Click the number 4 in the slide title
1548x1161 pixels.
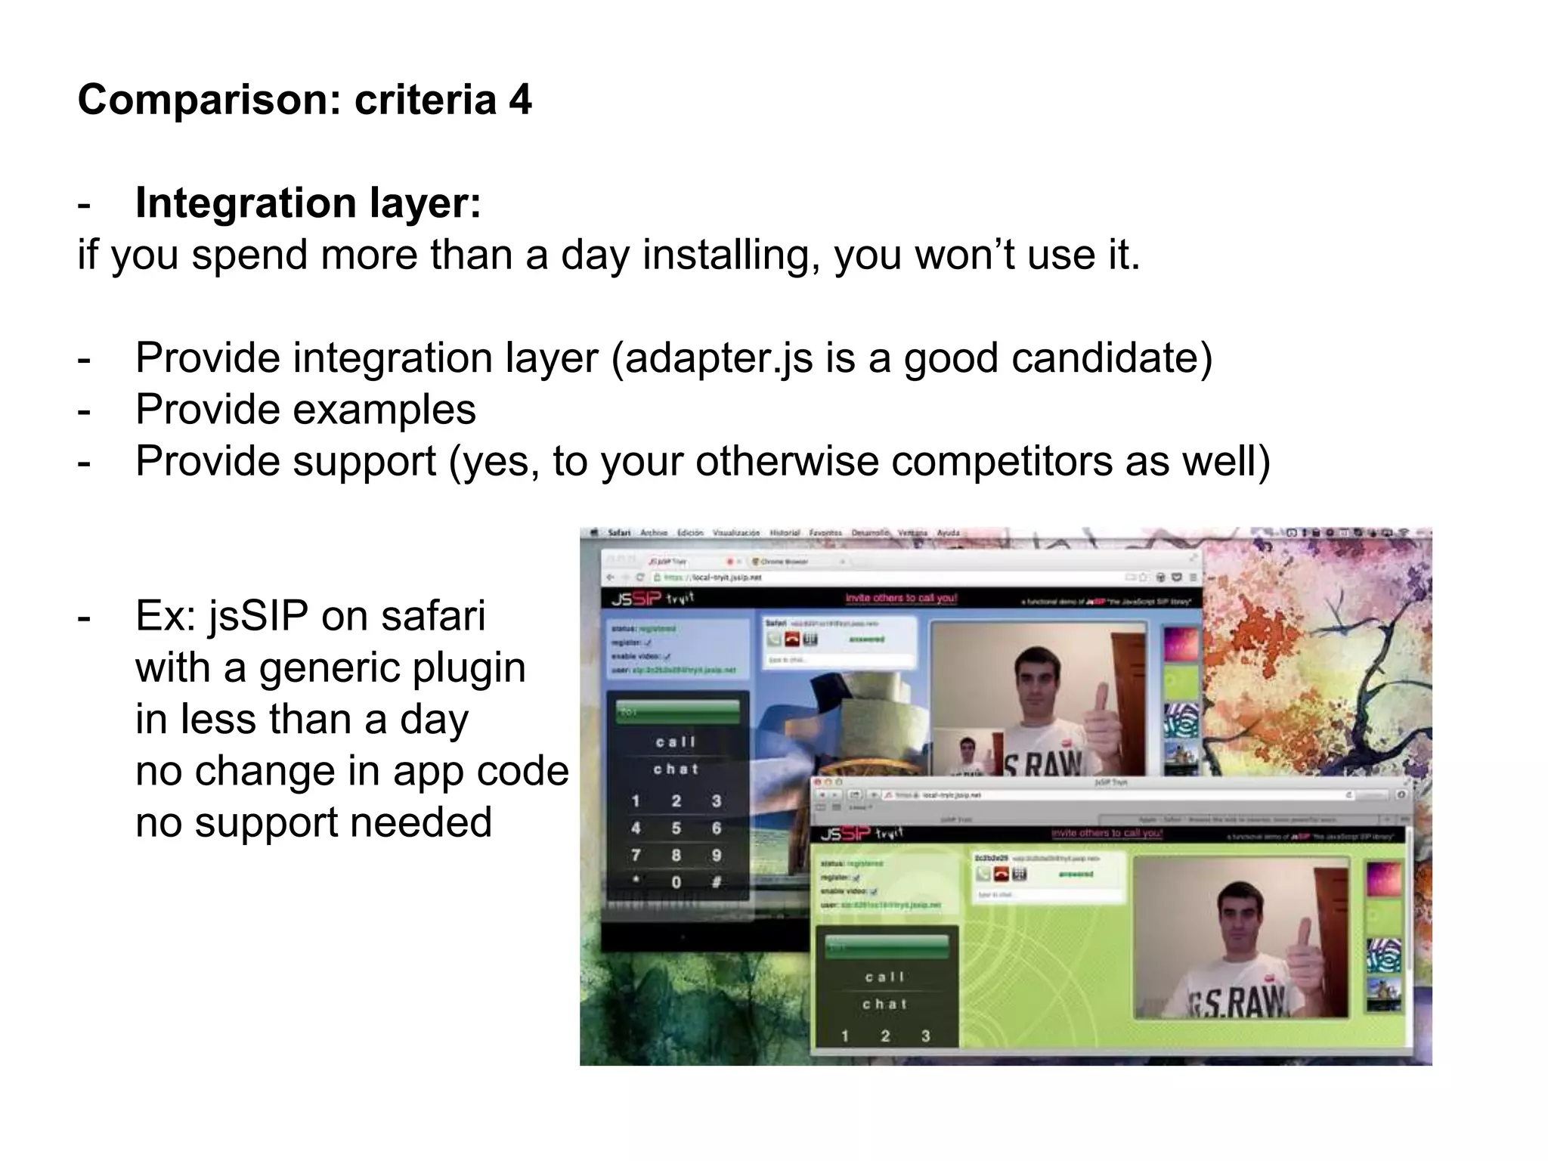pos(519,101)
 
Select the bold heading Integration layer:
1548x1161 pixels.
pos(308,203)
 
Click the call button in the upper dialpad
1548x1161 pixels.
pos(676,742)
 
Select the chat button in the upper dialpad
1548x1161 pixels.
pos(676,769)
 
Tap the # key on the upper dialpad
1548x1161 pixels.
pos(716,882)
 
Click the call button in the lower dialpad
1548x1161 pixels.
pos(885,977)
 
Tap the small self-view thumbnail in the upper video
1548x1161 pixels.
pos(967,757)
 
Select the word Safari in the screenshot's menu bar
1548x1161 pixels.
pos(619,533)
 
